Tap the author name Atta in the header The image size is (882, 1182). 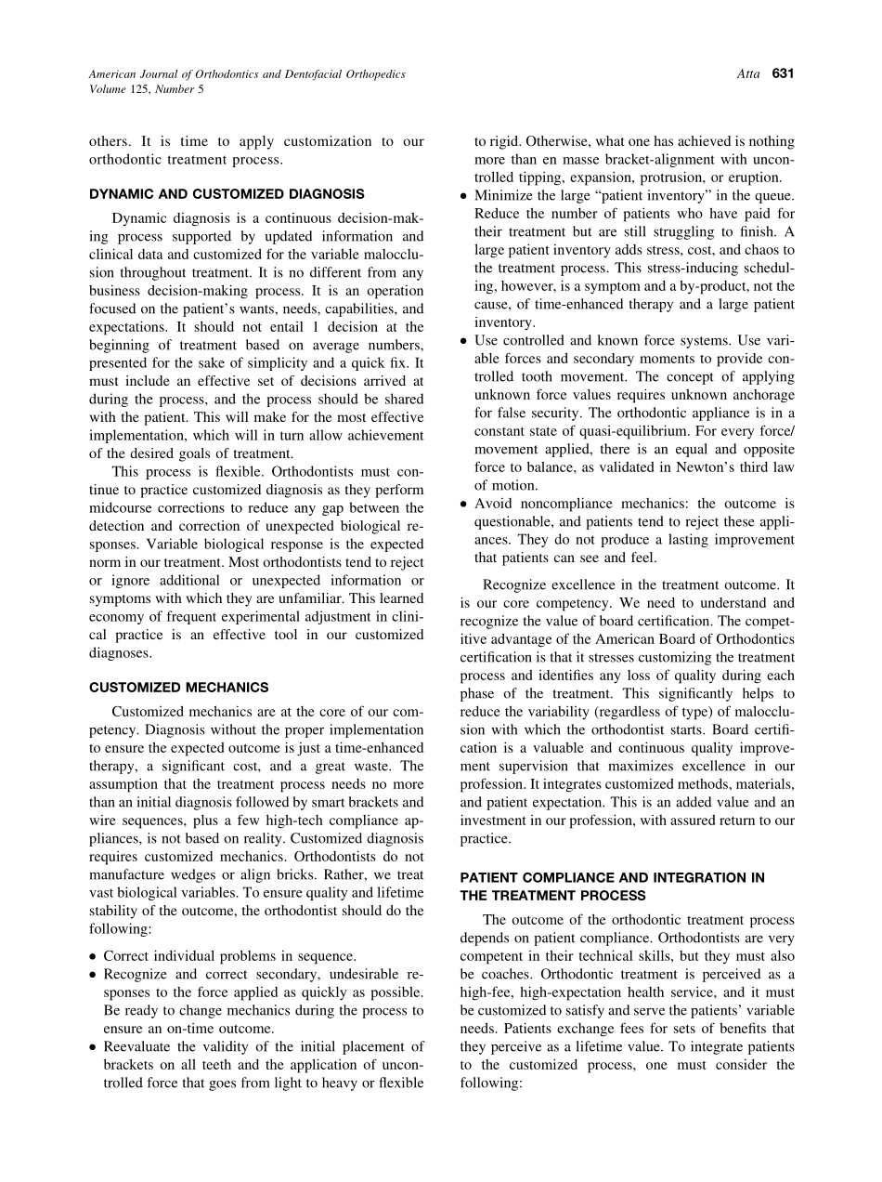click(x=748, y=73)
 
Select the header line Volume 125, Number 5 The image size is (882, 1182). click(x=146, y=89)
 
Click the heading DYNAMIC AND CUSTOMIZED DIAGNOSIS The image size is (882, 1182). click(x=227, y=194)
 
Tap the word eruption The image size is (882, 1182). click(x=753, y=177)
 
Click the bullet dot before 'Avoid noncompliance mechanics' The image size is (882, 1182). click(x=463, y=504)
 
